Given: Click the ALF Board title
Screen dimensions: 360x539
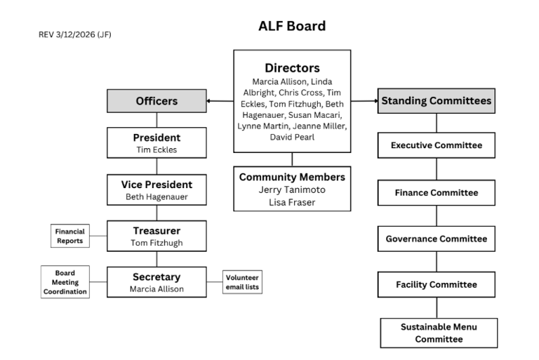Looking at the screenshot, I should [292, 27].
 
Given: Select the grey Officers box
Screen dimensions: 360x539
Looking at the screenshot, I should [157, 101].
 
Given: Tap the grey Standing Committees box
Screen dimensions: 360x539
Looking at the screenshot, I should [436, 101].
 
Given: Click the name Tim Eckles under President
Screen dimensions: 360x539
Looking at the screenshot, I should [157, 149].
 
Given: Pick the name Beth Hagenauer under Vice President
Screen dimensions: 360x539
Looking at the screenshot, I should [157, 197].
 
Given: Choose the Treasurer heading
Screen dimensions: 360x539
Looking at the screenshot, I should [157, 230].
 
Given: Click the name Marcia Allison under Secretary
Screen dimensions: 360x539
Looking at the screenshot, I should [157, 288].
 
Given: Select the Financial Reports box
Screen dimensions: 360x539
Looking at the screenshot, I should [70, 235].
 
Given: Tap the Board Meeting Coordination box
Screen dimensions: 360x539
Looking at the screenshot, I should [65, 282].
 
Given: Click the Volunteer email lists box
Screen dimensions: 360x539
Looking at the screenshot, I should [242, 281].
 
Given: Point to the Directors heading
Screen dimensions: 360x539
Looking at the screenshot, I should [292, 68].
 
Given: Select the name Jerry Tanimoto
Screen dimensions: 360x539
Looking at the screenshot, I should [292, 190].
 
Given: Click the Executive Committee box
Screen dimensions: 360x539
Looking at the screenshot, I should [436, 145].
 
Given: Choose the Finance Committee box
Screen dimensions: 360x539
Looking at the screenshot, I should [436, 192].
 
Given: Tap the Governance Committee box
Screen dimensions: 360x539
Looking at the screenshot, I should [436, 239].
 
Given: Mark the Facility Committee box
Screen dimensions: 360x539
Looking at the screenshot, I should [436, 285].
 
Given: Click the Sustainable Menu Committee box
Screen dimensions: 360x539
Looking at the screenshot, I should [439, 333].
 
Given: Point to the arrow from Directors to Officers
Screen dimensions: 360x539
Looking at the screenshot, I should [220, 101].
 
